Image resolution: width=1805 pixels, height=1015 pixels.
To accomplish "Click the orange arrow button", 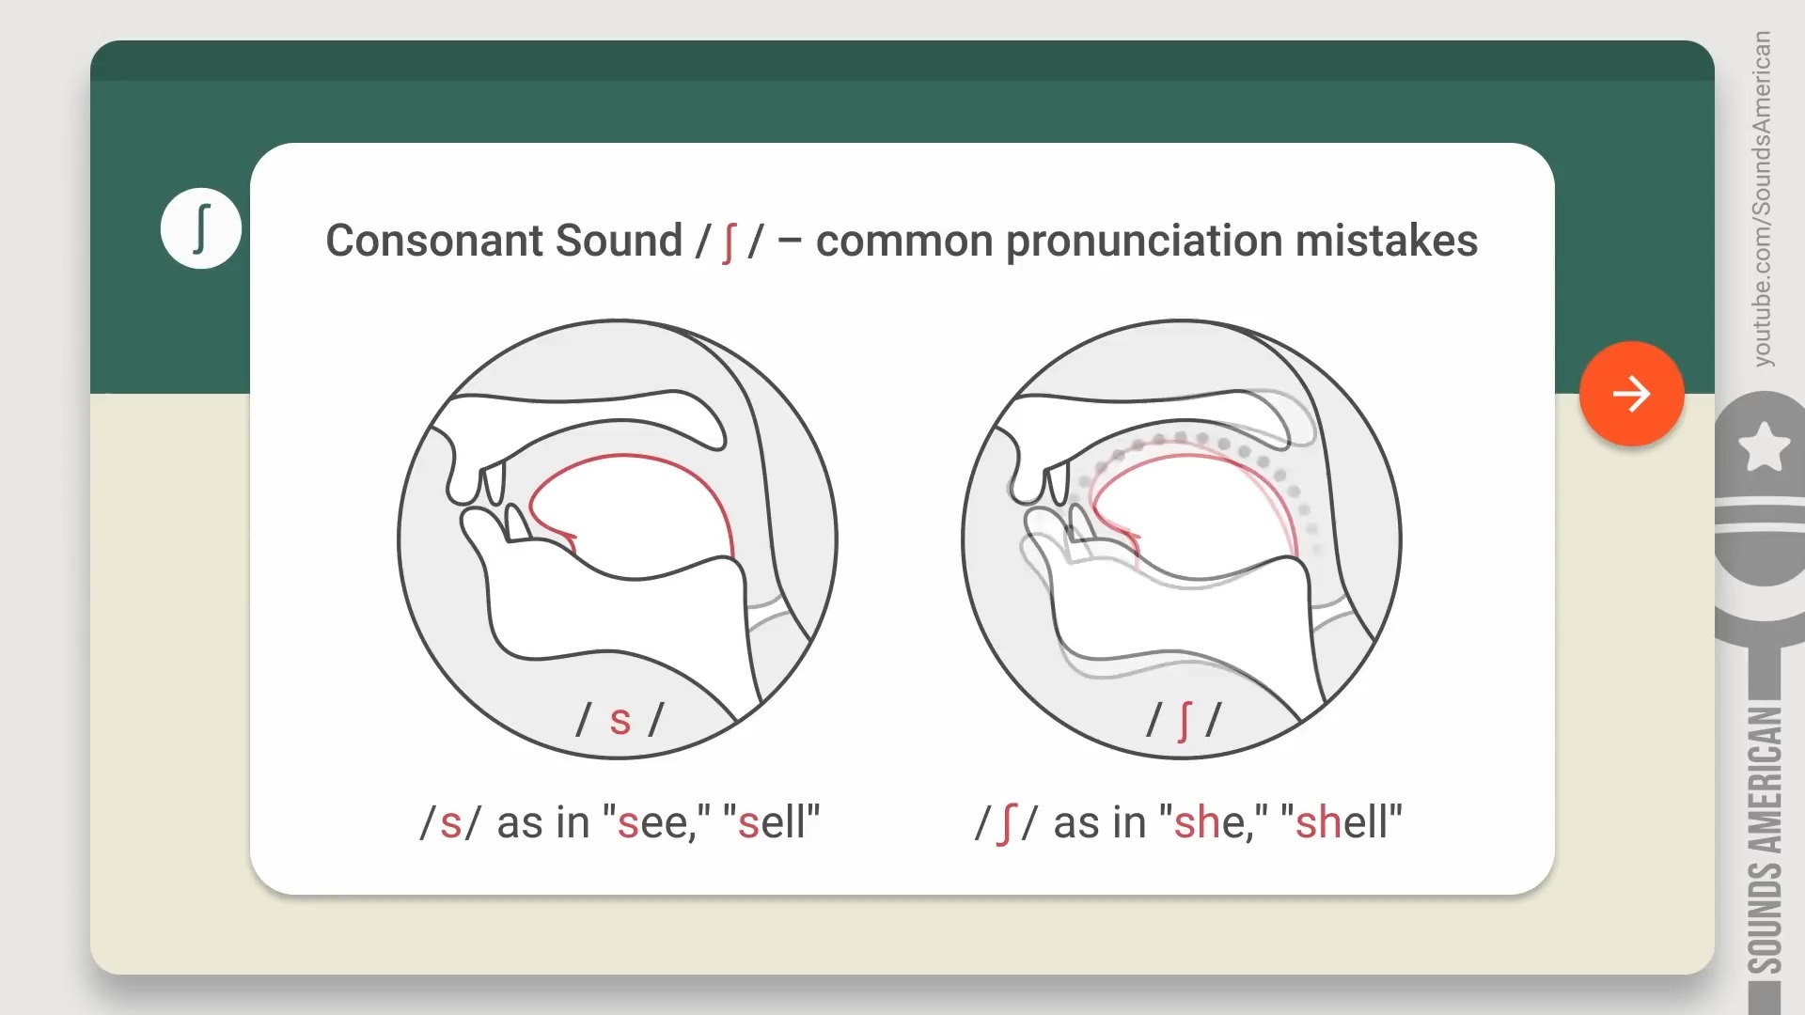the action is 1631,393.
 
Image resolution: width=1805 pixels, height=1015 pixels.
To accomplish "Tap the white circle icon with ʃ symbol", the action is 200,228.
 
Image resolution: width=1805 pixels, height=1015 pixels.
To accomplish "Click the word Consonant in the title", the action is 433,241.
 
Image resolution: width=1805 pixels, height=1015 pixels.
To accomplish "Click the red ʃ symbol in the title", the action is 729,242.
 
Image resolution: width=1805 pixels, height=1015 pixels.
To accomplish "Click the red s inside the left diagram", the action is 620,722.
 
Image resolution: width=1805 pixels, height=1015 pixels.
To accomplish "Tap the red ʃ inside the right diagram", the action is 1184,721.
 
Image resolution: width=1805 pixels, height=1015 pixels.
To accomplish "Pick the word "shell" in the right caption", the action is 1342,822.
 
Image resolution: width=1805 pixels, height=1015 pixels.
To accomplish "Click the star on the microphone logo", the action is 1764,446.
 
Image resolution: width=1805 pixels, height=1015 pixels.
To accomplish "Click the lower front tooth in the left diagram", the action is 516,523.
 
